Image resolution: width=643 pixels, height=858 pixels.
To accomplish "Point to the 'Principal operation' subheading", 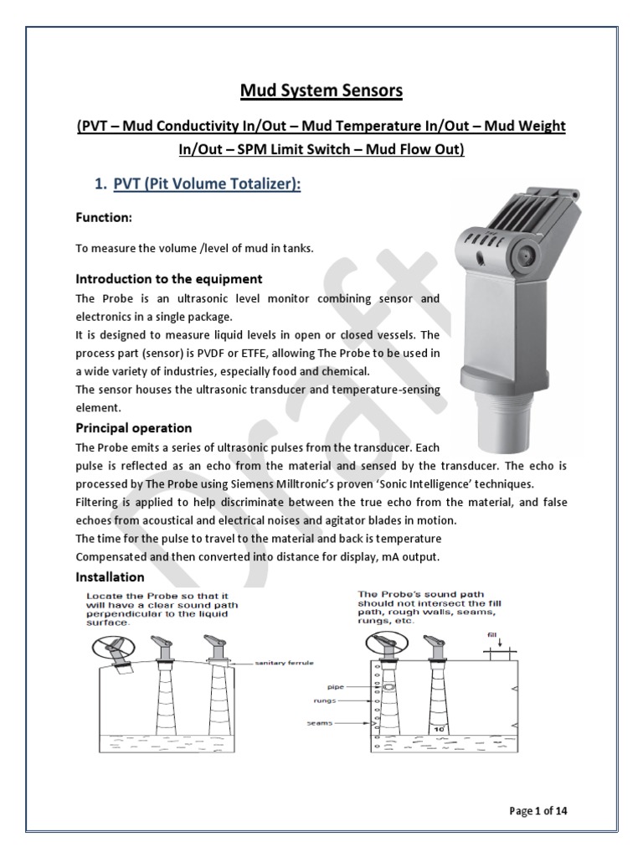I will pyautogui.click(x=134, y=427).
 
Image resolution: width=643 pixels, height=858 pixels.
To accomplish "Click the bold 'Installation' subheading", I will pyautogui.click(x=110, y=576).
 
